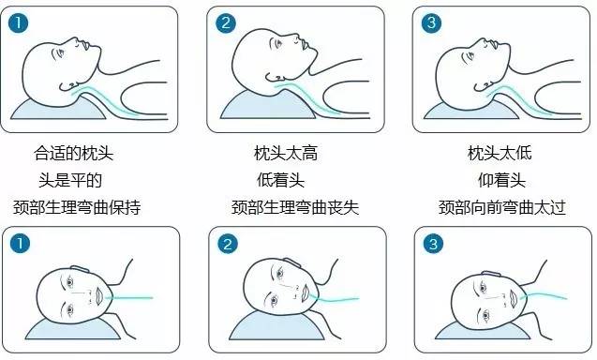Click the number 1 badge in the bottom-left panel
tap(20, 244)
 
